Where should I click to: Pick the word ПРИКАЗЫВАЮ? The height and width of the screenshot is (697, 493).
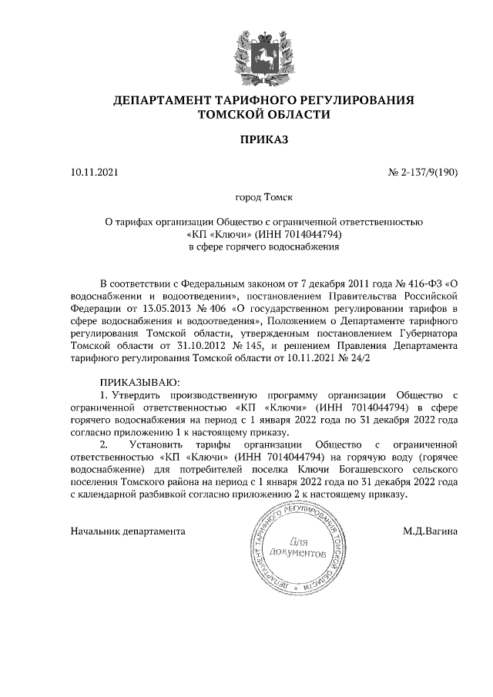(139, 382)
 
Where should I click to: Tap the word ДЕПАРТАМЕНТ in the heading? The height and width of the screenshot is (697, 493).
(163, 100)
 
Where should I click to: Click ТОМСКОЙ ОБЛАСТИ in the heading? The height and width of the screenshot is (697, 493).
(263, 115)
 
